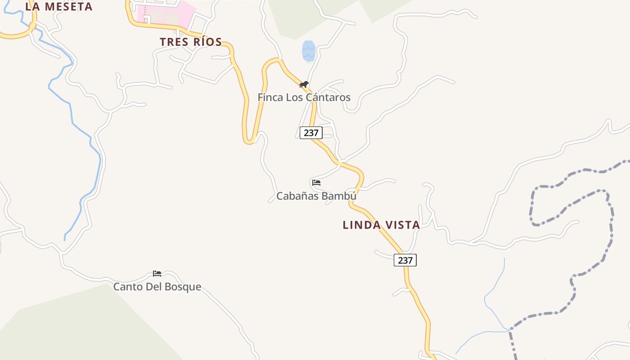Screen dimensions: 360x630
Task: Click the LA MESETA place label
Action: pos(59,7)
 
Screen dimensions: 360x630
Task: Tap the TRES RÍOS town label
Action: pos(191,42)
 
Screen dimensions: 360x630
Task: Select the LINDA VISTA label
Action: pos(381,225)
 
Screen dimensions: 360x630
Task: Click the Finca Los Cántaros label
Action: pos(304,97)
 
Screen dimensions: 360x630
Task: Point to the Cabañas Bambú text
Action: pos(316,196)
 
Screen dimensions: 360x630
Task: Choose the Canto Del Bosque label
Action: pos(157,287)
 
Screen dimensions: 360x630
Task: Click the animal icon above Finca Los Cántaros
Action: pos(304,84)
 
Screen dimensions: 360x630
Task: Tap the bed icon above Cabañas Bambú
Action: pos(316,183)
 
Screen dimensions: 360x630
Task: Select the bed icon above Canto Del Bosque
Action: pos(157,273)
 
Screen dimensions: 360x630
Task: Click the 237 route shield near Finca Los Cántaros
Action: pos(311,133)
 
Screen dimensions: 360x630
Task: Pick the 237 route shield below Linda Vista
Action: pos(405,260)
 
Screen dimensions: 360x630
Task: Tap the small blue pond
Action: pos(308,51)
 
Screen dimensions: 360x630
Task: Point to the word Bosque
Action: pos(183,287)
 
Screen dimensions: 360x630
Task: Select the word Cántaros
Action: pos(328,97)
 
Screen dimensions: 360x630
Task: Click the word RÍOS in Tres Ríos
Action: pos(206,42)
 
